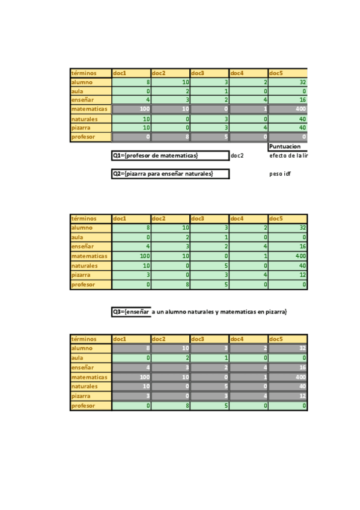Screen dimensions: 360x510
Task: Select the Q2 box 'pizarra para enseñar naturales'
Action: (170, 174)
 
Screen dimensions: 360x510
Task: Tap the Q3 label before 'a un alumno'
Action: (131, 312)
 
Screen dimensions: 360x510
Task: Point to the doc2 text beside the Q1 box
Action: (237, 156)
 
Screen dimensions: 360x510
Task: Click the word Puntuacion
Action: (285, 146)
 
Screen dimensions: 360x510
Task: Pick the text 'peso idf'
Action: (280, 174)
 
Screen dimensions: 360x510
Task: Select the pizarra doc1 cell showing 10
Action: (131, 127)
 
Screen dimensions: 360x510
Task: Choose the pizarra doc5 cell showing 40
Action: (287, 127)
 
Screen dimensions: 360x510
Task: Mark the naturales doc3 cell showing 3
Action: (209, 119)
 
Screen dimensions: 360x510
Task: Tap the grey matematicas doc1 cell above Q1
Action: (131, 109)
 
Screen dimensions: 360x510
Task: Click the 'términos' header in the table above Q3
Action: (91, 218)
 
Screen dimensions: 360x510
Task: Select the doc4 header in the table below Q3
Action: (248, 339)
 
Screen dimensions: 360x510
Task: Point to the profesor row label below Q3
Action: (91, 405)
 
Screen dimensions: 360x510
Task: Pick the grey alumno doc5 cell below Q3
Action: (287, 348)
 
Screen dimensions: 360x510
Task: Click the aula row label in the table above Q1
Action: (91, 91)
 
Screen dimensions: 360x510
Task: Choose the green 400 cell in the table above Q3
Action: (287, 256)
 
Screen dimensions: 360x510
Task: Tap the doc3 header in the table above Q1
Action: (209, 73)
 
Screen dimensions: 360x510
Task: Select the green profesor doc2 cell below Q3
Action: (170, 405)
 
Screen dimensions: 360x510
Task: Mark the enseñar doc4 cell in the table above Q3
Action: (248, 247)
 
